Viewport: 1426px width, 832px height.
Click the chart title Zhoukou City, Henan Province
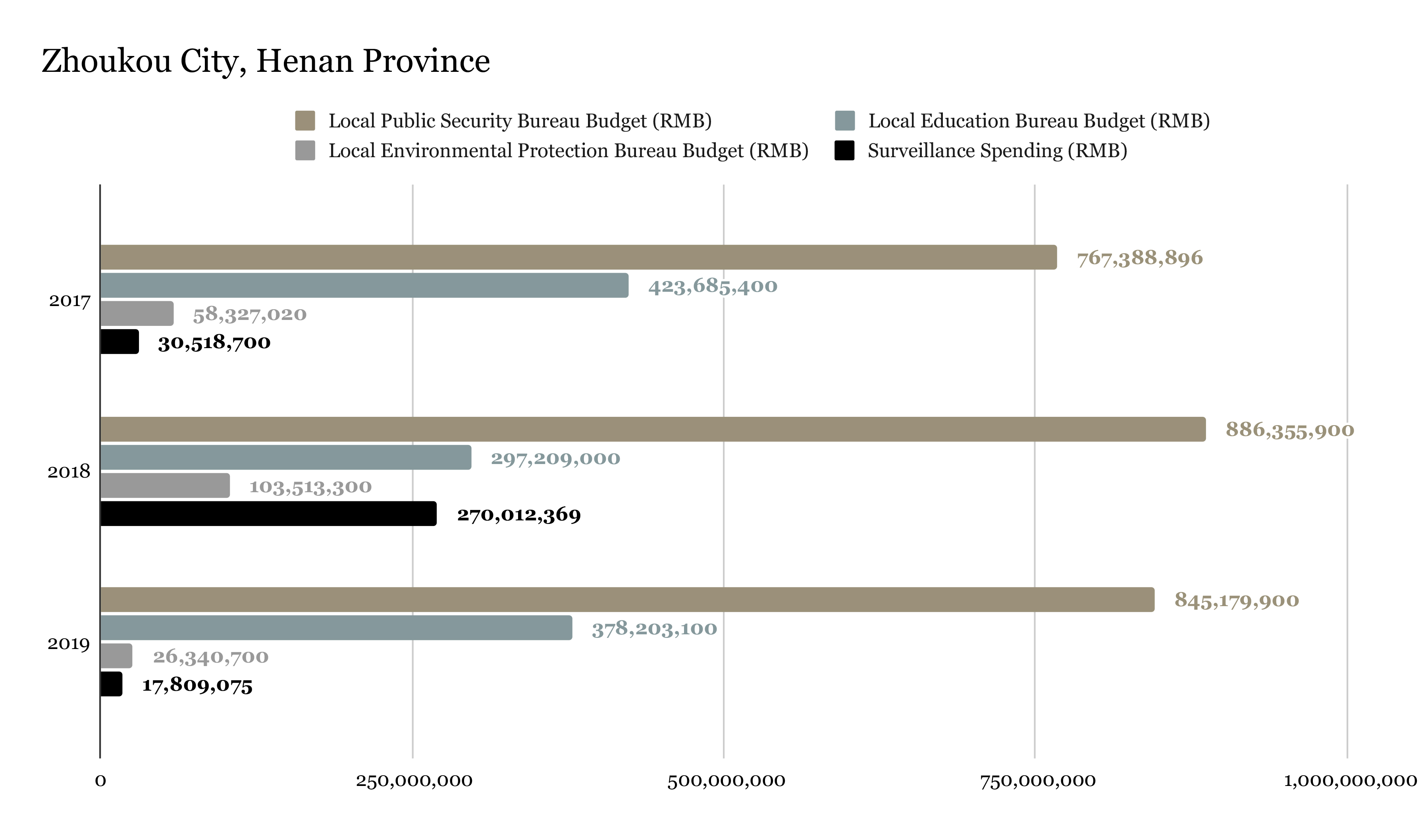click(266, 61)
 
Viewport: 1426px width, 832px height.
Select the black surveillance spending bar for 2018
click(268, 513)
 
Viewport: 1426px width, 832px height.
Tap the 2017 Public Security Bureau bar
click(578, 257)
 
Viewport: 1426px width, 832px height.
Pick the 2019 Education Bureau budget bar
click(336, 628)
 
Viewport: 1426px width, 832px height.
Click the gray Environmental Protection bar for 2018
click(165, 485)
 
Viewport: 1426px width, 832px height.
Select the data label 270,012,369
click(518, 514)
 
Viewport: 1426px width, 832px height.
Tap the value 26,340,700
click(210, 657)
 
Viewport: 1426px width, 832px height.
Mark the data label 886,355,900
click(1289, 430)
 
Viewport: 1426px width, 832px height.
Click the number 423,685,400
click(713, 286)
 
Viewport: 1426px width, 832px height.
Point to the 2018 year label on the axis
click(68, 472)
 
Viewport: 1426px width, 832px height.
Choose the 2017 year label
click(69, 300)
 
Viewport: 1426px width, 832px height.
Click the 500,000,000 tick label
click(725, 781)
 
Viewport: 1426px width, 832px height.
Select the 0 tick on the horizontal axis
click(100, 781)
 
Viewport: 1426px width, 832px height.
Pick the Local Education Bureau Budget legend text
click(1039, 121)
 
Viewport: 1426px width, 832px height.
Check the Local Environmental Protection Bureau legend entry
click(568, 150)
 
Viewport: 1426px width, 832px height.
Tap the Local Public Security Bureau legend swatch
click(305, 121)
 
